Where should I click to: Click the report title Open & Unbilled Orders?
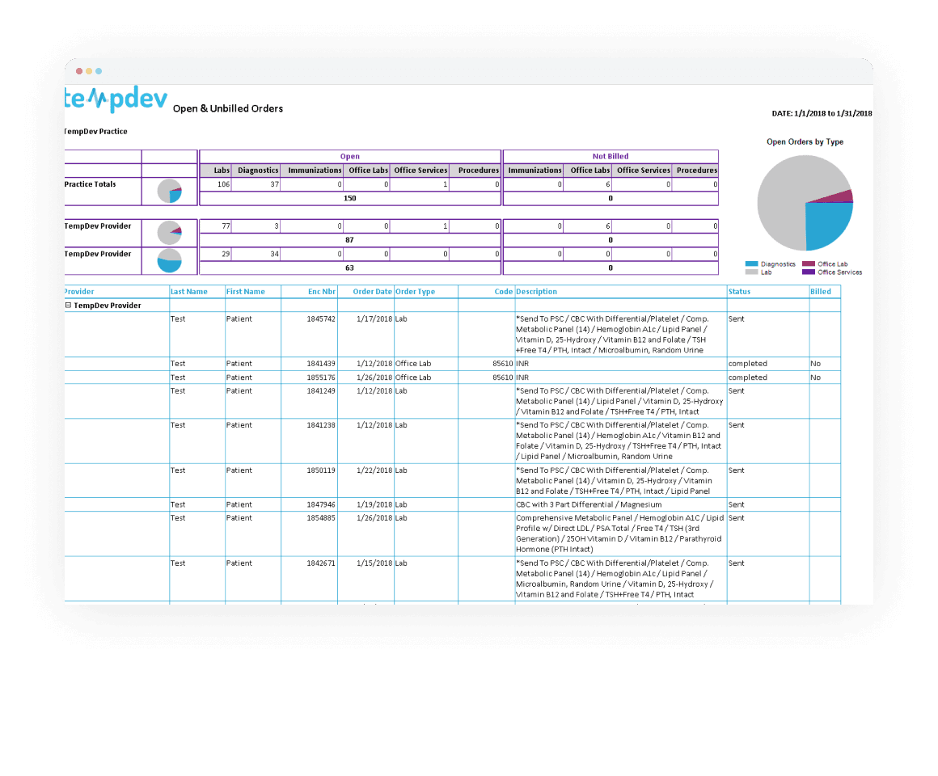228,109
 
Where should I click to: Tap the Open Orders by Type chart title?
805,142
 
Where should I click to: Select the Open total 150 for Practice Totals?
350,199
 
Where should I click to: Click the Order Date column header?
372,292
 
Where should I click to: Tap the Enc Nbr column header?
322,292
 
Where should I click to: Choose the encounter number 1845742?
321,319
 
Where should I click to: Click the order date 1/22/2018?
374,470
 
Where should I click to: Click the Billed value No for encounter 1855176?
816,377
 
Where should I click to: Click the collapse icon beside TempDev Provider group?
68,306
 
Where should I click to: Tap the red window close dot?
79,71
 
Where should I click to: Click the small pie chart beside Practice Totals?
170,192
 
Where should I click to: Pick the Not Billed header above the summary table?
610,157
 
